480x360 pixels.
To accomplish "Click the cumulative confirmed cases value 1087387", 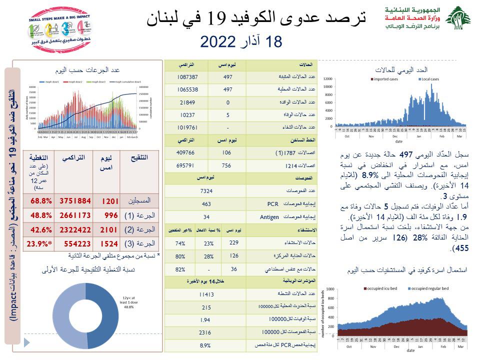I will [187, 77].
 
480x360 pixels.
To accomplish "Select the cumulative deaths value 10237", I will [187, 114].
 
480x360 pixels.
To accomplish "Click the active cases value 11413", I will [206, 294].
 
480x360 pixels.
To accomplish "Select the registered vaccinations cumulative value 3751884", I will [75, 200].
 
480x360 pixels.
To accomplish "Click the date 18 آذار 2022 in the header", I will [241, 42].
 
